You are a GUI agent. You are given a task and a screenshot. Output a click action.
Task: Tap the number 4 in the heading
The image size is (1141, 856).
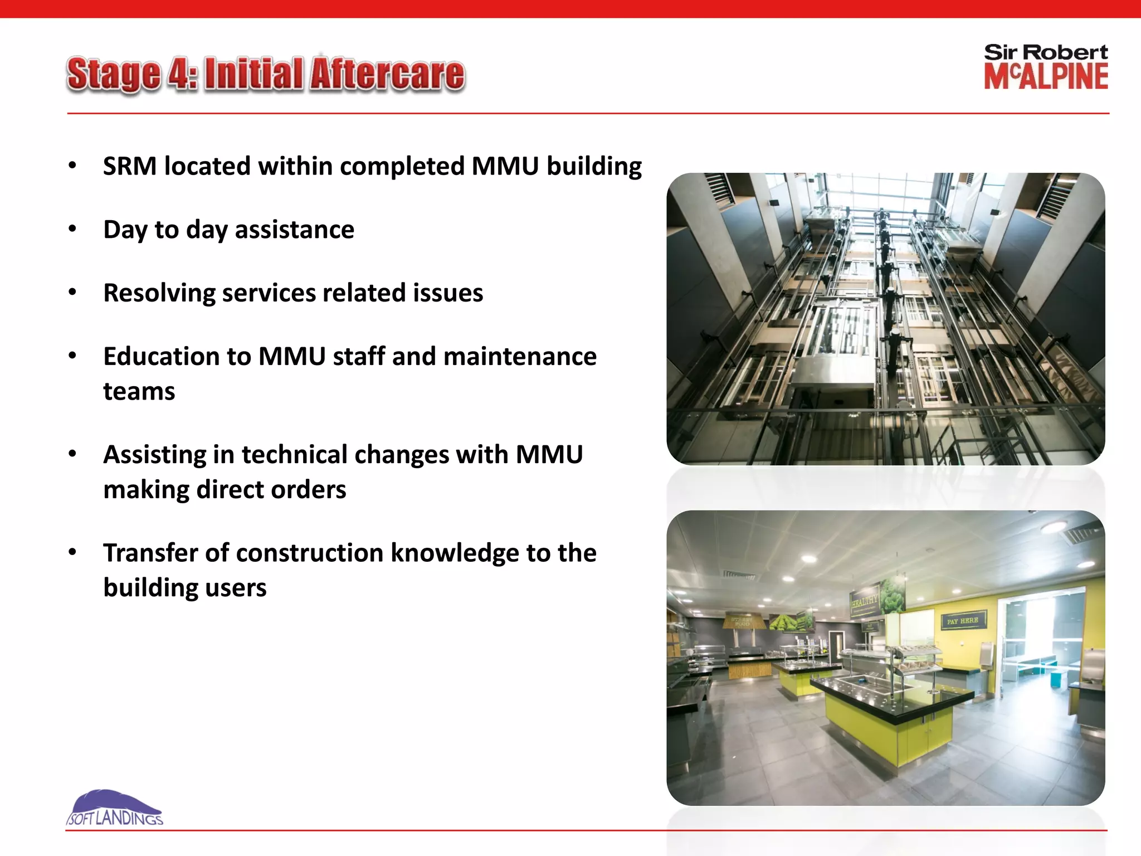click(178, 74)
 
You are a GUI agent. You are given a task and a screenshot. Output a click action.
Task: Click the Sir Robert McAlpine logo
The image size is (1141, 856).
click(1046, 67)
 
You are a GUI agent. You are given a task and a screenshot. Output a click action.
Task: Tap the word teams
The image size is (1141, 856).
click(139, 392)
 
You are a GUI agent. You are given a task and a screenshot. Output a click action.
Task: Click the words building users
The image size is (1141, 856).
click(185, 588)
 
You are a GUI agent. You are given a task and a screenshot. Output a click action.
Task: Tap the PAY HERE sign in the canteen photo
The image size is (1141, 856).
click(962, 621)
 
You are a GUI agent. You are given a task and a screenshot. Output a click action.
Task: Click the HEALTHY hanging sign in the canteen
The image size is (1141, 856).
click(865, 602)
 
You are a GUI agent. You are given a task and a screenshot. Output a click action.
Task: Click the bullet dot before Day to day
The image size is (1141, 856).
click(72, 229)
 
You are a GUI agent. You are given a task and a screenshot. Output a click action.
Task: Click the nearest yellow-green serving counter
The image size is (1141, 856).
click(891, 724)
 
